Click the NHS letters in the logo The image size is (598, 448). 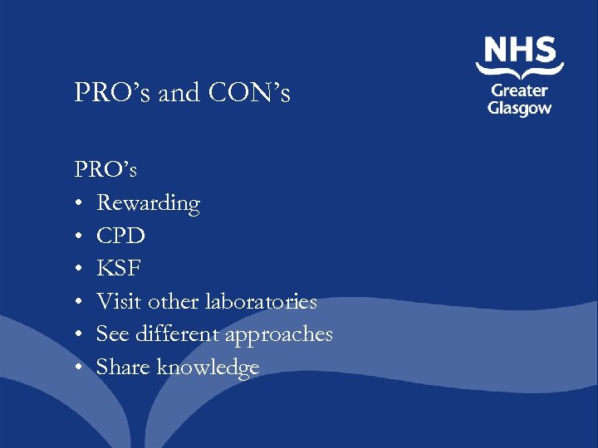pyautogui.click(x=520, y=51)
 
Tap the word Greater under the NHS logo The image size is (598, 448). pyautogui.click(x=520, y=90)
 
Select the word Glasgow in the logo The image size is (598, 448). pyautogui.click(x=520, y=109)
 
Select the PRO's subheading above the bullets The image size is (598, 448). pyautogui.click(x=105, y=169)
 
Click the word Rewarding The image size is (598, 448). pyautogui.click(x=148, y=203)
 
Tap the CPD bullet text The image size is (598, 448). pyautogui.click(x=120, y=236)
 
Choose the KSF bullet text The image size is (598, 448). pyautogui.click(x=120, y=269)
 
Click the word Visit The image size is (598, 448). pyautogui.click(x=115, y=301)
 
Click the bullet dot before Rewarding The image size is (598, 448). pyautogui.click(x=78, y=204)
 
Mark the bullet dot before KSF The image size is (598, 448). pyautogui.click(x=78, y=270)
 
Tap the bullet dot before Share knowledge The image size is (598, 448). pyautogui.click(x=78, y=368)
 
